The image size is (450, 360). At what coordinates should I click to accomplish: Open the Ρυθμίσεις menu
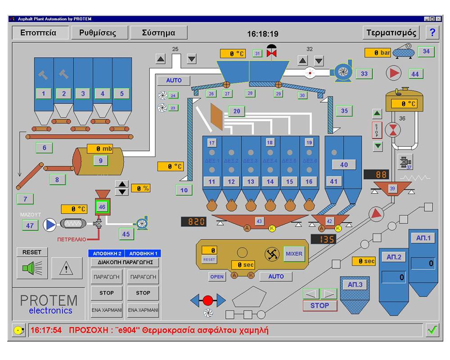pyautogui.click(x=97, y=33)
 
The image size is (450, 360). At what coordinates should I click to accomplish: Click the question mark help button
pyautogui.click(x=432, y=33)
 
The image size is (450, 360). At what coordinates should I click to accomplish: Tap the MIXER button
pyautogui.click(x=294, y=254)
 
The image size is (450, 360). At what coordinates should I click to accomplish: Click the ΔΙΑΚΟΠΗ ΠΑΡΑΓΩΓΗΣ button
pyautogui.click(x=125, y=262)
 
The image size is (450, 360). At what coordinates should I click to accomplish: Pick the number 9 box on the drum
pyautogui.click(x=100, y=160)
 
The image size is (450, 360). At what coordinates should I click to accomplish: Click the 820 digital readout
pyautogui.click(x=193, y=222)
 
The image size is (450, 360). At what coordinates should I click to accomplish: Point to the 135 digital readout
pyautogui.click(x=323, y=239)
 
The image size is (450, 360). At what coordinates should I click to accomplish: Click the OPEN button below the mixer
pyautogui.click(x=217, y=277)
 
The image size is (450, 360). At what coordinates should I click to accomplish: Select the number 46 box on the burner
pyautogui.click(x=102, y=207)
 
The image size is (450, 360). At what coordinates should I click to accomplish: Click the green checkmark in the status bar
pyautogui.click(x=432, y=330)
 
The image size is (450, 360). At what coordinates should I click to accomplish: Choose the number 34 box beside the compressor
pyautogui.click(x=426, y=52)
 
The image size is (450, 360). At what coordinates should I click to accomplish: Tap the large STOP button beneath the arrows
pyautogui.click(x=319, y=306)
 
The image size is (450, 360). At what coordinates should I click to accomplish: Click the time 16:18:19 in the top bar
pyautogui.click(x=263, y=34)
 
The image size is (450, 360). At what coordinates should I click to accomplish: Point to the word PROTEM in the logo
pyautogui.click(x=49, y=300)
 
